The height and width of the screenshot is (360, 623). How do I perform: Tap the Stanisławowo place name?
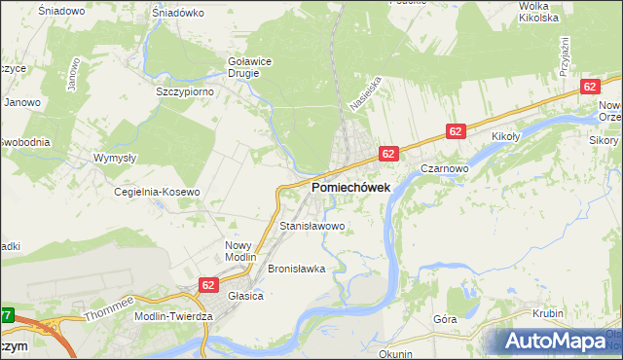pos(312,226)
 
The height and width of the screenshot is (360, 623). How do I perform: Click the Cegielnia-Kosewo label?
pos(157,192)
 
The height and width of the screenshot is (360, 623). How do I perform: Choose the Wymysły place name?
pos(115,157)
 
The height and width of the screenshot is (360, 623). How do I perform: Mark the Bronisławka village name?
pos(295,268)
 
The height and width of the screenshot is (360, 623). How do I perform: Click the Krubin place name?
pos(548,313)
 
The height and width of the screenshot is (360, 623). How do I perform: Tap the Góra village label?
pos(445,318)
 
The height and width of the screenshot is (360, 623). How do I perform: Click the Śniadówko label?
pos(178,13)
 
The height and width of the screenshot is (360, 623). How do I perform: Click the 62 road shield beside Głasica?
pos(208,284)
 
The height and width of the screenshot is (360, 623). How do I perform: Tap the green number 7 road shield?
pos(7,315)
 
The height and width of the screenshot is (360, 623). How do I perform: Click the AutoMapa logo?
pos(557,342)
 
